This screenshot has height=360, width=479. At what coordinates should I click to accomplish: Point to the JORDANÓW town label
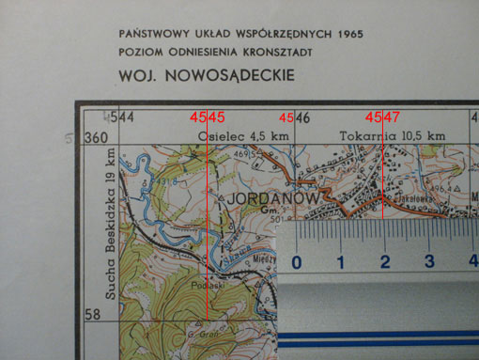coord(272,200)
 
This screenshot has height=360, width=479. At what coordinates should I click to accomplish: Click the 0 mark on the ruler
coord(298,260)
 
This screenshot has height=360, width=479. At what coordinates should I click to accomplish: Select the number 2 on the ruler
coord(386,260)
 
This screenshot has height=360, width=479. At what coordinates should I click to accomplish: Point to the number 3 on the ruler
coord(429,260)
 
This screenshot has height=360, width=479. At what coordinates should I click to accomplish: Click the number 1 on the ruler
coord(342,260)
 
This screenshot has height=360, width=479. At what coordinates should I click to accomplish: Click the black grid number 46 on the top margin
coord(304,117)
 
